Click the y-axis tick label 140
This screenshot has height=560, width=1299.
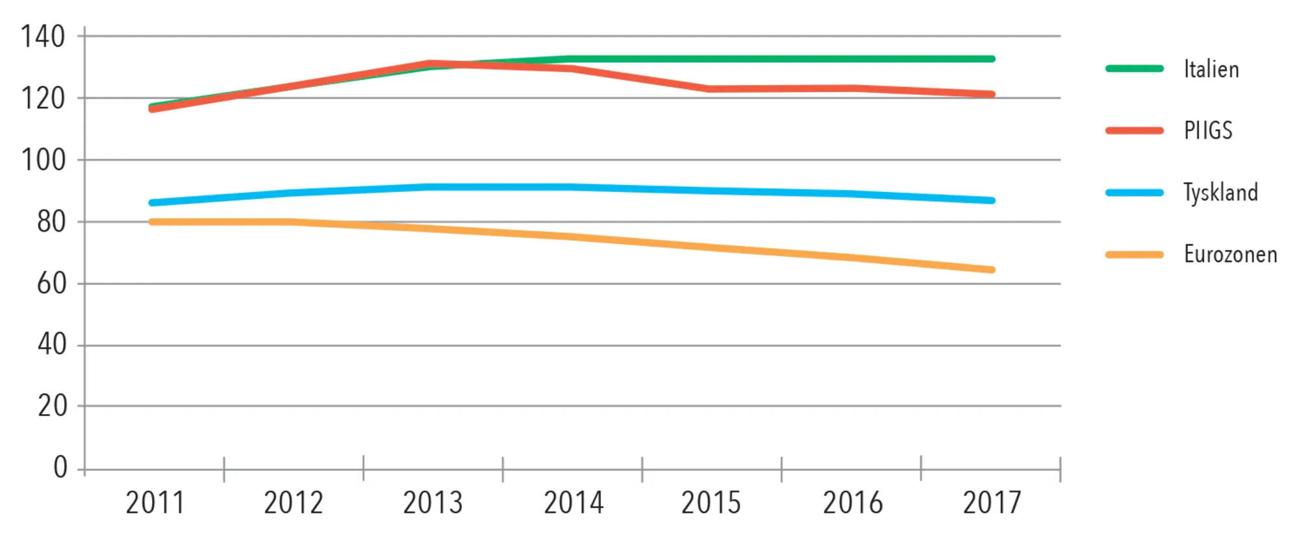pos(43,37)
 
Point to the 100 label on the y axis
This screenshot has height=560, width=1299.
pos(43,160)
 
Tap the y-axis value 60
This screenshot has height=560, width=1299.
pos(51,284)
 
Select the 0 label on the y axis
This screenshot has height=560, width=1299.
pos(60,467)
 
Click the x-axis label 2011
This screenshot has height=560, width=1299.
pos(155,504)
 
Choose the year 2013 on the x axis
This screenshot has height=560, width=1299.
pos(433,504)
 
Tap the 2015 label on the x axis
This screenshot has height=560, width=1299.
pos(711,504)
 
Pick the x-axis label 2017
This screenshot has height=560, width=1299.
pos(992,504)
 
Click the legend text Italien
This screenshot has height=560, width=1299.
pos(1211,69)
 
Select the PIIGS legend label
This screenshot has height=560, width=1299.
pos(1208,131)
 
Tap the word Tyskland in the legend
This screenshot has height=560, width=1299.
pos(1220,193)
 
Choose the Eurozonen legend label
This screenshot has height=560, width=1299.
pos(1230,254)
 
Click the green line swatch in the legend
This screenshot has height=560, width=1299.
pos(1134,68)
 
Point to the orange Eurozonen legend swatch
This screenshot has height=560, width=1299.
pos(1134,255)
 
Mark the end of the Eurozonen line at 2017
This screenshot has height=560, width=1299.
pos(991,269)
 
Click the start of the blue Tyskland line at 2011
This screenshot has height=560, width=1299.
pos(152,203)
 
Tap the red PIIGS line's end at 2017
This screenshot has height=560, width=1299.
pos(991,94)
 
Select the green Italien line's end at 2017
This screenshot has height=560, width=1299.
pos(991,59)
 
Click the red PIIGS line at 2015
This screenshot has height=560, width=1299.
pos(711,89)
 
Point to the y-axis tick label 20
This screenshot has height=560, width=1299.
pos(52,407)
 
